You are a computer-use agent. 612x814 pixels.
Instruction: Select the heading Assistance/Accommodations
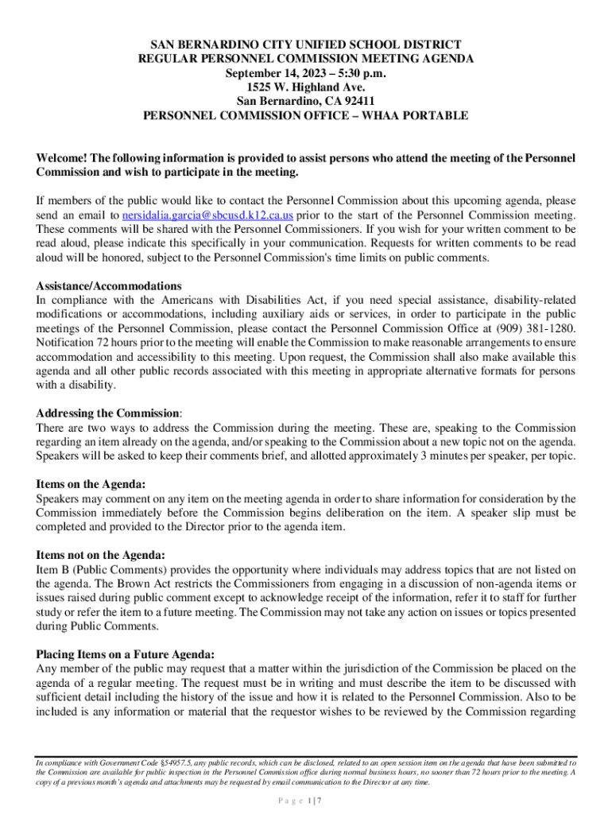pos(109,286)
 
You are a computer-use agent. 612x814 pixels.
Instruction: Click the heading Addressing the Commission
pos(108,413)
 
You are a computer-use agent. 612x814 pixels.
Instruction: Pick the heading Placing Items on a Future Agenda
pos(125,654)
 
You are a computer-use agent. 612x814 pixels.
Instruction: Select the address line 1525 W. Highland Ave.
pos(305,87)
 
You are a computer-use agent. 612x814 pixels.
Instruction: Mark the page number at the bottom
pos(305,801)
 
